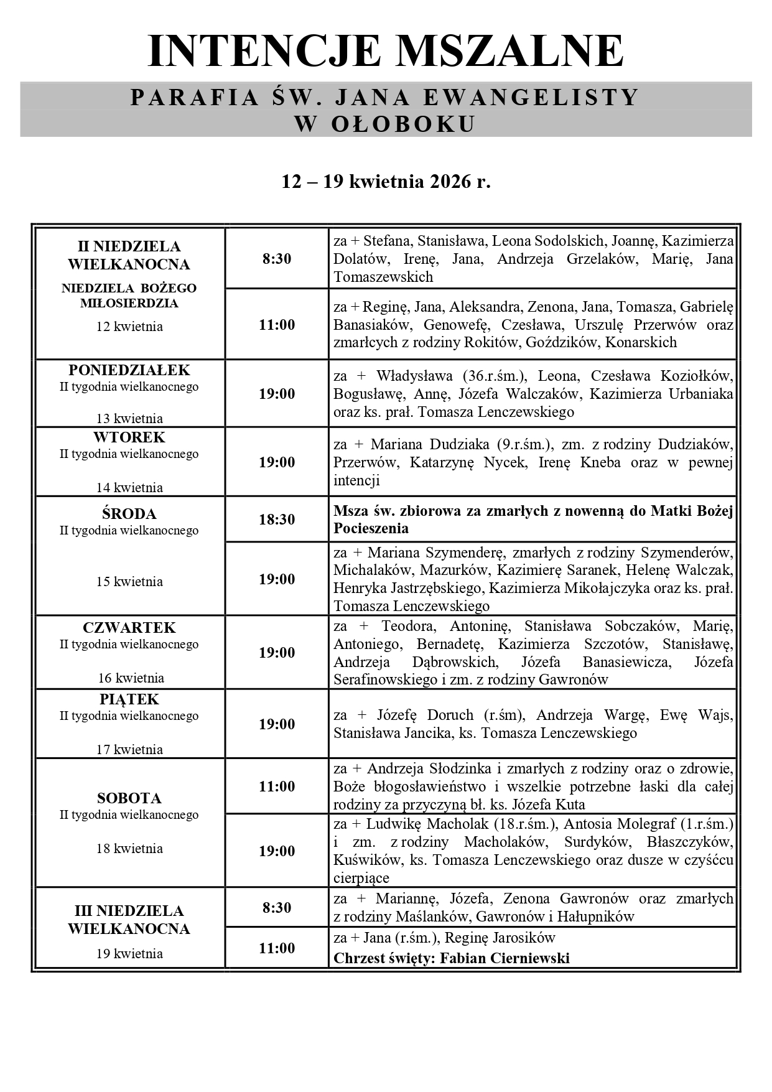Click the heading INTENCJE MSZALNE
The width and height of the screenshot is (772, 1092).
(x=386, y=51)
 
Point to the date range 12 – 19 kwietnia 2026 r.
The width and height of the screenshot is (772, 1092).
(x=386, y=182)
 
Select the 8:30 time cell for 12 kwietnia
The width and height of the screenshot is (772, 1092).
(x=277, y=259)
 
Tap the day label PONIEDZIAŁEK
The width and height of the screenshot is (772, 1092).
(x=129, y=370)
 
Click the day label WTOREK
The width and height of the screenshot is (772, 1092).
(x=129, y=437)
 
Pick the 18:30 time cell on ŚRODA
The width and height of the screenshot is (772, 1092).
(x=277, y=520)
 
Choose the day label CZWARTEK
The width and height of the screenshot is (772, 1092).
(x=129, y=628)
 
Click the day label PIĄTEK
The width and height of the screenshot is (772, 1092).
(x=129, y=699)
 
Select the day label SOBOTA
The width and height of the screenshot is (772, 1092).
(x=129, y=798)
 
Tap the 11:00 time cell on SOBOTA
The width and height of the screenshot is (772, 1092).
(x=277, y=786)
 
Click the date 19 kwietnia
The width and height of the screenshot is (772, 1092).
(x=129, y=953)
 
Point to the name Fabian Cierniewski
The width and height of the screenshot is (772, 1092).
(x=505, y=958)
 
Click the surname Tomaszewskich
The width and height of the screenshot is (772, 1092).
(x=383, y=277)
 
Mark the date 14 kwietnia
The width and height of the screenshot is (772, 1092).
(x=129, y=488)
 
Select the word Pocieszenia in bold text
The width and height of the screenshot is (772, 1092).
(x=371, y=529)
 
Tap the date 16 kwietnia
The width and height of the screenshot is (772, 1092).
(x=129, y=678)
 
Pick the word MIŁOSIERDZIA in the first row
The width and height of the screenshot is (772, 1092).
(x=129, y=304)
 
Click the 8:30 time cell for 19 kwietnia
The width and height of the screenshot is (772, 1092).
(x=277, y=908)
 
